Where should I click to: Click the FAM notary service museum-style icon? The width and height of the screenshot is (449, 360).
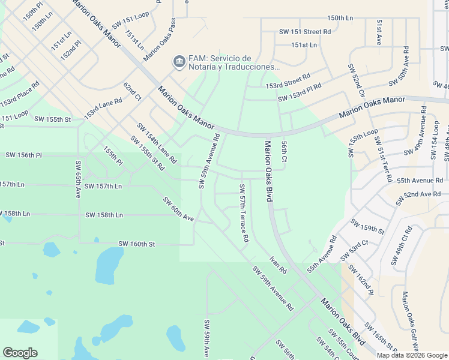click(x=178, y=62)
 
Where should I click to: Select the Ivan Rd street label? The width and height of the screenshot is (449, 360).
click(x=278, y=265)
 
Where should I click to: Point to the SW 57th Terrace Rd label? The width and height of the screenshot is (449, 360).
click(x=245, y=213)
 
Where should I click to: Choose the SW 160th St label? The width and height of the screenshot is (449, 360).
click(x=136, y=244)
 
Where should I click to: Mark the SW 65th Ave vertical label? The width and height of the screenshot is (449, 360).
click(x=78, y=179)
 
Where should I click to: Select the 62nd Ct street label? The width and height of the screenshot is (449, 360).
click(x=132, y=92)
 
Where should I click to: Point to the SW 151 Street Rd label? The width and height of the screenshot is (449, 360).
click(x=305, y=31)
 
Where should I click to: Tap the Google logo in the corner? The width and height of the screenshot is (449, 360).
click(x=20, y=353)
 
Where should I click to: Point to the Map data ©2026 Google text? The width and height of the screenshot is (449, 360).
click(x=412, y=355)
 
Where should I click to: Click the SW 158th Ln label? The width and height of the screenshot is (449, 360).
click(x=104, y=215)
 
